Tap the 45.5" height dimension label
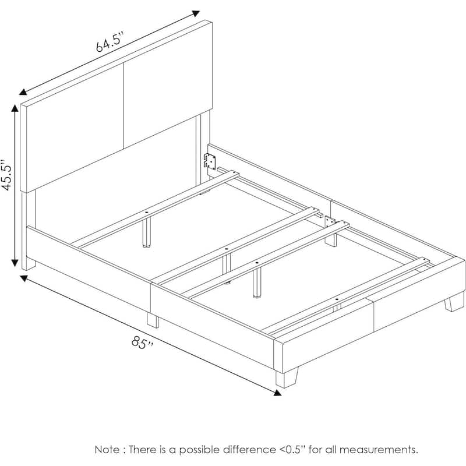[7, 175]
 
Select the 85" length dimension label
[143, 343]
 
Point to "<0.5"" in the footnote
[292, 449]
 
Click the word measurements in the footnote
[378, 450]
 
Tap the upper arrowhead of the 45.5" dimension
[15, 108]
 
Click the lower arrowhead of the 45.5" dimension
[15, 263]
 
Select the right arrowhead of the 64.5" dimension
[196, 13]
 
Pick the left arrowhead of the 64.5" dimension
[23, 92]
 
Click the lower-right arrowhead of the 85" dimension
[277, 393]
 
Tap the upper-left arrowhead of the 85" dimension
[24, 278]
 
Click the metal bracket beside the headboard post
[210, 162]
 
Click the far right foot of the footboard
[454, 302]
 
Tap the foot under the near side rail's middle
[153, 320]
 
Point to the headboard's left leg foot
[29, 264]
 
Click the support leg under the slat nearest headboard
[146, 232]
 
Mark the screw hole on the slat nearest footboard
[337, 299]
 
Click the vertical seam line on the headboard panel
[123, 106]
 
